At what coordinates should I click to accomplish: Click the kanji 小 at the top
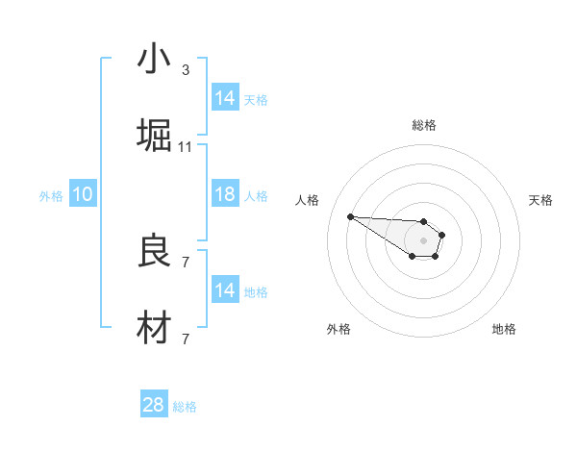click(154, 60)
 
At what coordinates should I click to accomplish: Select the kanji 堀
click(154, 136)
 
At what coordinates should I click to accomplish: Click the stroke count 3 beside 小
click(185, 69)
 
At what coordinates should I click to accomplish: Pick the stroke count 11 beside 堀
click(185, 146)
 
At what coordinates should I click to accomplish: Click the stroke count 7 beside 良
click(185, 262)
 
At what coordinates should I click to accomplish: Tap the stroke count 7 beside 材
click(185, 339)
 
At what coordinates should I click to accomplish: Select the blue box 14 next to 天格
click(225, 97)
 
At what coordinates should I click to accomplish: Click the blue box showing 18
click(225, 194)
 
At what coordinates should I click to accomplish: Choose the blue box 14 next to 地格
click(225, 290)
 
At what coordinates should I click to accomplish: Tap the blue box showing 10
click(83, 194)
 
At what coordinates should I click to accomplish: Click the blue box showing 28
click(154, 405)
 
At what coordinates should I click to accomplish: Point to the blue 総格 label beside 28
click(185, 407)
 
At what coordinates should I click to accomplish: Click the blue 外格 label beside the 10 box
click(51, 196)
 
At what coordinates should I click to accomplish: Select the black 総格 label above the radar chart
click(424, 125)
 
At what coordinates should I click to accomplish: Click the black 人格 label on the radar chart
click(308, 200)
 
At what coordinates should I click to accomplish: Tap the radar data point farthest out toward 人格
click(350, 216)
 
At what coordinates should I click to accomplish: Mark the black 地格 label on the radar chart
click(504, 329)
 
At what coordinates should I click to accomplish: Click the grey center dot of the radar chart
click(423, 239)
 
